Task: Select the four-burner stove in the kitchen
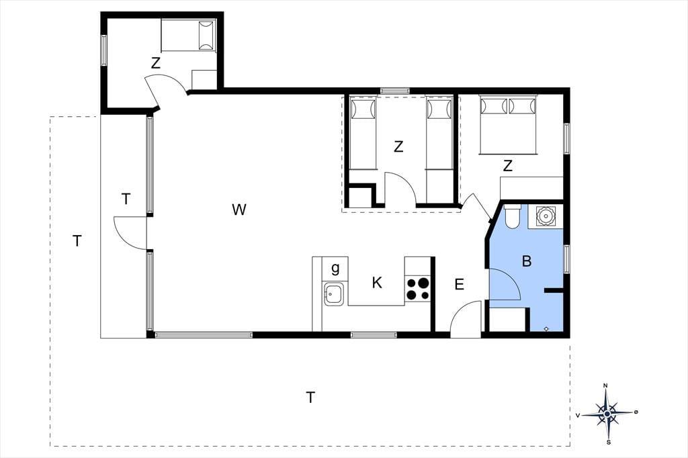418,288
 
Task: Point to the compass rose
607,413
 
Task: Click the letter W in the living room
239,210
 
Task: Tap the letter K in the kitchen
376,283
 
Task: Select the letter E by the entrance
459,285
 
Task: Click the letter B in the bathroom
527,261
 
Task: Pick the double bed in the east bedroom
508,125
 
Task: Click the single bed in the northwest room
189,36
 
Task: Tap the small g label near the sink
335,267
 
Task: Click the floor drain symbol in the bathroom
546,328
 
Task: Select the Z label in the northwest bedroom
156,64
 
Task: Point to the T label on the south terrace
310,398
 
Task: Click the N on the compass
606,385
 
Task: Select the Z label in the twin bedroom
398,146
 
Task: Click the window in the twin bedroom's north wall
395,91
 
